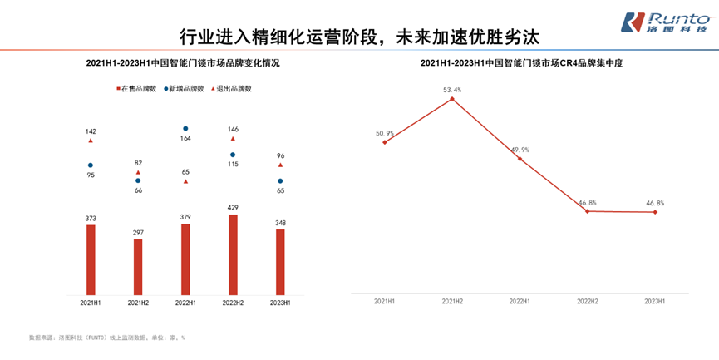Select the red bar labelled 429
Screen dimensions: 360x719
pos(232,254)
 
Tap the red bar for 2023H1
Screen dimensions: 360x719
pos(280,262)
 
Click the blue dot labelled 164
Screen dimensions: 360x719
pos(185,129)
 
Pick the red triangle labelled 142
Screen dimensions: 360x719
pos(91,141)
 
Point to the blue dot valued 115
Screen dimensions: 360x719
pos(233,155)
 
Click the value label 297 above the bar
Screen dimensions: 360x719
pos(138,232)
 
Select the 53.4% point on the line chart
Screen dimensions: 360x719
pos(452,99)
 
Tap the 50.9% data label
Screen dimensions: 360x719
pos(385,133)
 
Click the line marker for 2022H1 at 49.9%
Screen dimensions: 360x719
pos(520,159)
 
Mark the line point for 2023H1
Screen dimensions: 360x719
pos(655,212)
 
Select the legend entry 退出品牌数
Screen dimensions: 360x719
pos(232,88)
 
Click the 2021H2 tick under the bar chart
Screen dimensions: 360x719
pos(138,303)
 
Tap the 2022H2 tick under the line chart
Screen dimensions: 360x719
pos(587,301)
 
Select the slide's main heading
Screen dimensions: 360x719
pos(360,37)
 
